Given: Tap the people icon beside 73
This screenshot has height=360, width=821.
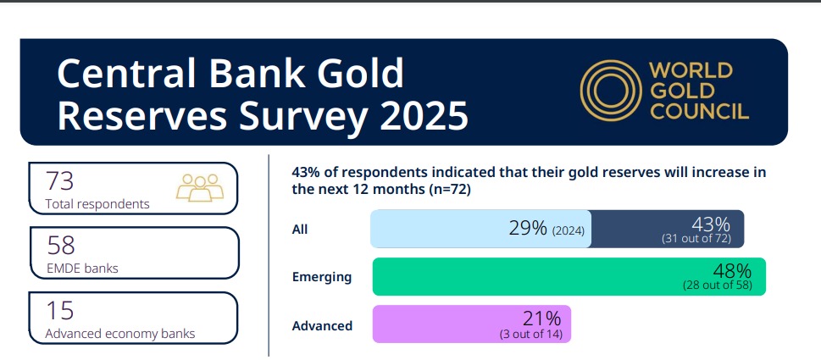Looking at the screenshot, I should tap(201, 187).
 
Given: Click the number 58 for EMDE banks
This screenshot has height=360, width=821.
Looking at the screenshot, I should tap(61, 245).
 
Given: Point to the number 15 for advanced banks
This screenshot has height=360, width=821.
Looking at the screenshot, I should tap(60, 309).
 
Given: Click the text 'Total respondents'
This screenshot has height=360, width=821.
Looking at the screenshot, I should tap(98, 204).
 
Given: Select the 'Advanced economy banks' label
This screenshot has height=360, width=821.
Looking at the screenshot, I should tap(120, 334).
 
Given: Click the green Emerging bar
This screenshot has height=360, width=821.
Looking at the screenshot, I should tap(525, 276).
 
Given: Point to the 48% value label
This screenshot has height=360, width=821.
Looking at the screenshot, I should tap(731, 271).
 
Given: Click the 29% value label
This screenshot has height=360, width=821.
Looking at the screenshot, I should tap(527, 228).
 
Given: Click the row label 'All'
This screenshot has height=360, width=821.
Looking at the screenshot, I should tap(300, 229).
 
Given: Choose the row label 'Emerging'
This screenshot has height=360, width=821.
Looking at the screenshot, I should tap(322, 277).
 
